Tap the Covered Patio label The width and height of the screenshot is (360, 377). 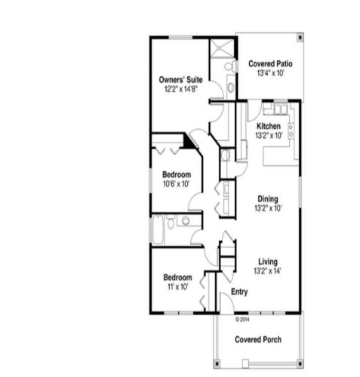[269, 65]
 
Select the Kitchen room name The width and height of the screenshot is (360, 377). [269, 126]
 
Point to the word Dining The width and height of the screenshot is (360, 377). [268, 199]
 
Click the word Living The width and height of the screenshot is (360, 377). [268, 261]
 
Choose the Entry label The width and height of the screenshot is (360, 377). [239, 292]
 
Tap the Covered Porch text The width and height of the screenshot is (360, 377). [258, 339]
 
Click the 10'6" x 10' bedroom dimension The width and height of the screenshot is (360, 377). [175, 183]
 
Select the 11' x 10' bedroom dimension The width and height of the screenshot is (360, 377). [175, 287]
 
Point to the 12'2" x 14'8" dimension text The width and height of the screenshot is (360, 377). [179, 89]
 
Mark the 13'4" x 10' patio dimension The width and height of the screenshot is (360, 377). [269, 74]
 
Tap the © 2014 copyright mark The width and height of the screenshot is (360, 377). [242, 318]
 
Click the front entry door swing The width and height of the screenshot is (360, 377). [224, 305]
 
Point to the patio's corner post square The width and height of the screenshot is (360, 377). [302, 35]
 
